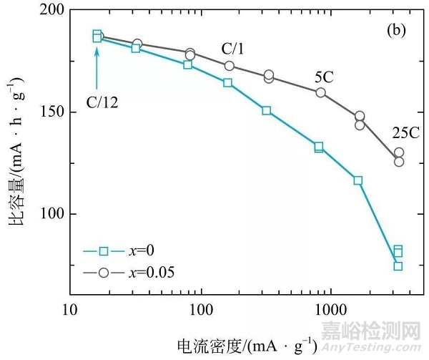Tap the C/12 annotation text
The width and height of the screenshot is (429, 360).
click(102, 102)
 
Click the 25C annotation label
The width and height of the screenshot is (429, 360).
click(406, 133)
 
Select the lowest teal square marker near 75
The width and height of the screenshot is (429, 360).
click(398, 266)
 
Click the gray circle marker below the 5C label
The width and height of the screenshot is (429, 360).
click(320, 92)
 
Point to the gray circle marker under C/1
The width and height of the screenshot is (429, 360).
click(229, 66)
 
